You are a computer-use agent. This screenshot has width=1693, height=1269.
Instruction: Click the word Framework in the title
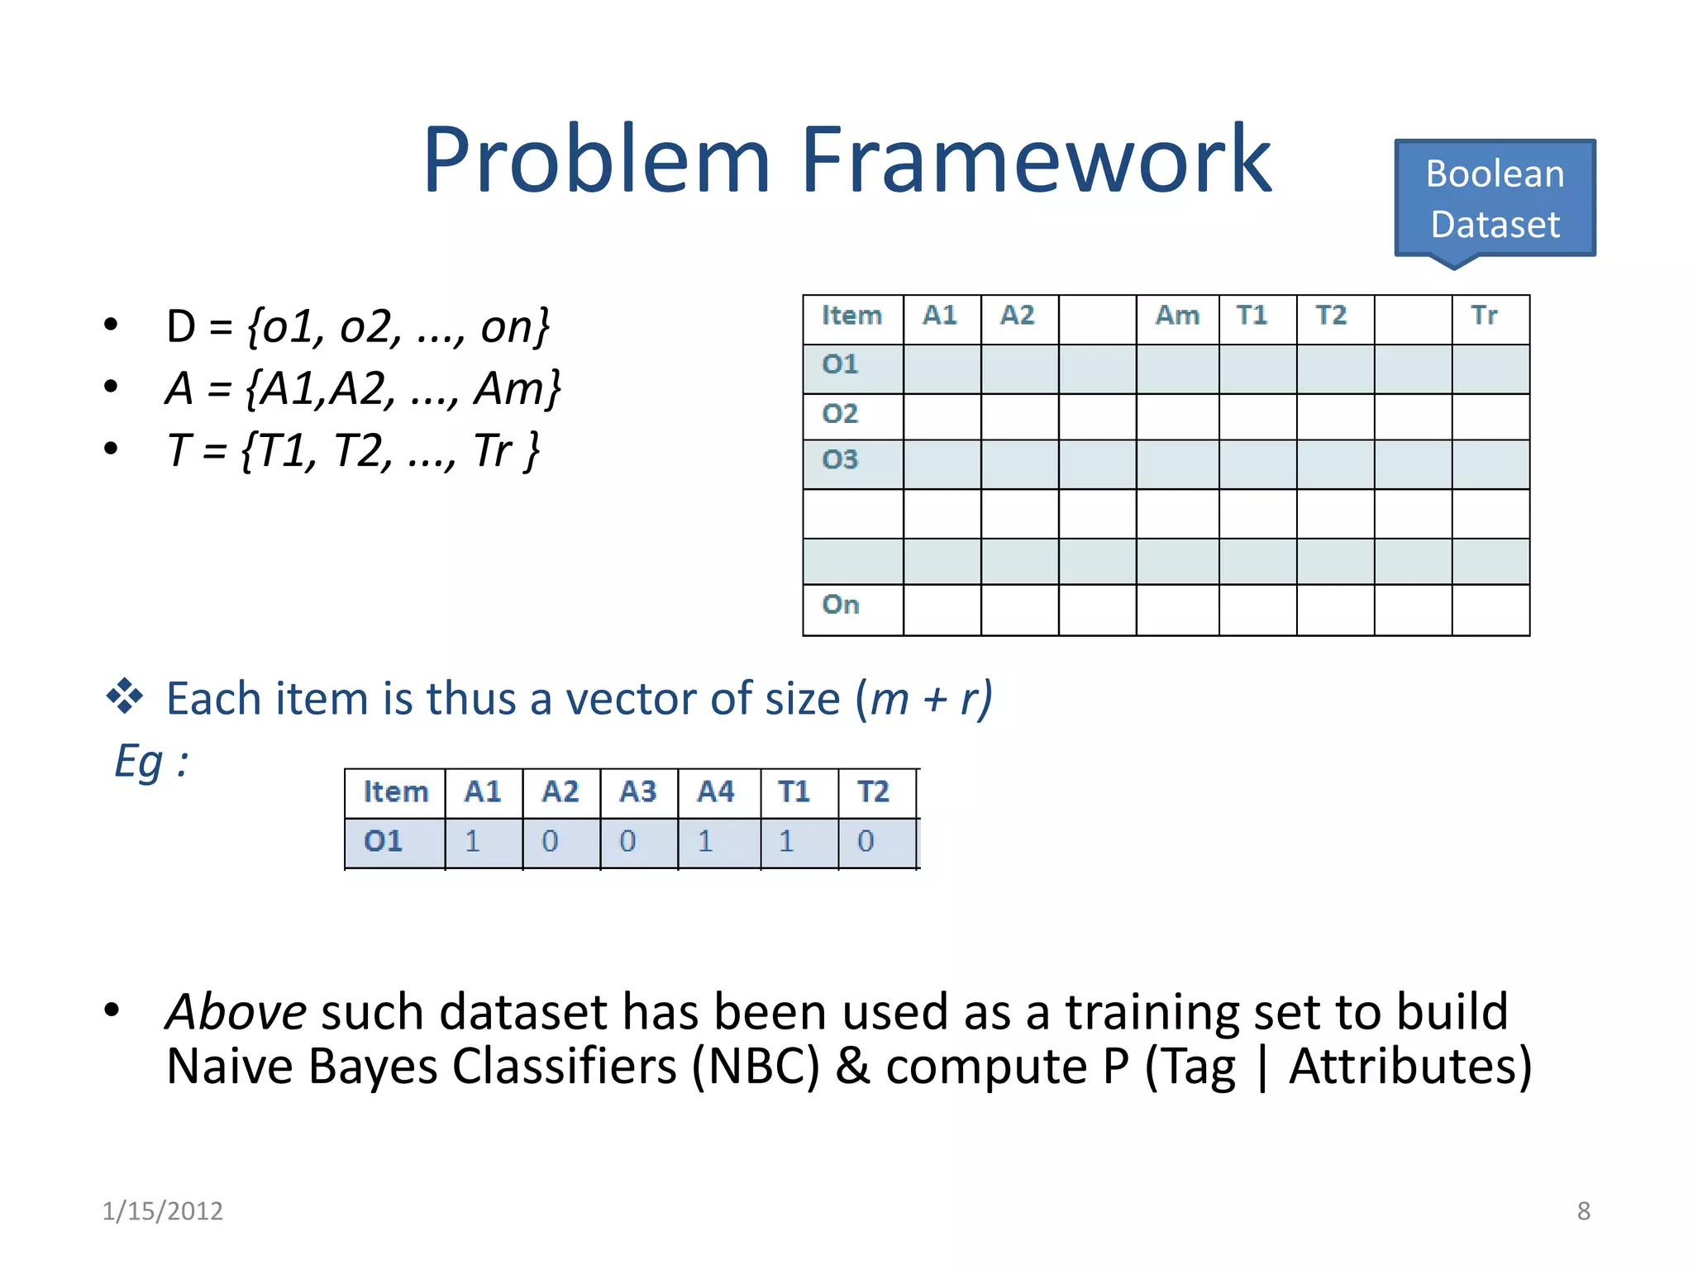pyautogui.click(x=1035, y=159)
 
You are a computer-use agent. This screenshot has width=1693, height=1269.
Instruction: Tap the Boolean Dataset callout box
pyautogui.click(x=1495, y=199)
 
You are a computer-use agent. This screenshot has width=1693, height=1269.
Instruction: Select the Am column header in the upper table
pyautogui.click(x=1177, y=316)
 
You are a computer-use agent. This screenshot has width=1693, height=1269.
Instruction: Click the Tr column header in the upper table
pyautogui.click(x=1484, y=316)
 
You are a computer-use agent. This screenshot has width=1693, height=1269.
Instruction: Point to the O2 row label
pyautogui.click(x=841, y=413)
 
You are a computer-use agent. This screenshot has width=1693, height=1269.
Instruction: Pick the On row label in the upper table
pyautogui.click(x=841, y=605)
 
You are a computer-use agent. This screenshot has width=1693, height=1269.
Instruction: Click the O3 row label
pyautogui.click(x=841, y=459)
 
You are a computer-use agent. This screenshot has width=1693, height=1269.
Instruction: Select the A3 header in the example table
pyautogui.click(x=638, y=792)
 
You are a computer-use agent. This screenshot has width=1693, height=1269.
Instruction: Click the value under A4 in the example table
pyautogui.click(x=705, y=842)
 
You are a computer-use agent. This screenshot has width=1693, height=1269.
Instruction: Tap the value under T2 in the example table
pyautogui.click(x=866, y=842)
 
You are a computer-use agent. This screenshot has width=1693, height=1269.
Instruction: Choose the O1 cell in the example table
pyautogui.click(x=384, y=842)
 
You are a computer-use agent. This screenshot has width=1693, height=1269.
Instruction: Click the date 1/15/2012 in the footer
pyautogui.click(x=163, y=1211)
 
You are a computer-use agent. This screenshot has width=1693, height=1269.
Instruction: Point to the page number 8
pyautogui.click(x=1583, y=1211)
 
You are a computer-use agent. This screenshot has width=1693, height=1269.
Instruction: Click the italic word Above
pyautogui.click(x=236, y=1012)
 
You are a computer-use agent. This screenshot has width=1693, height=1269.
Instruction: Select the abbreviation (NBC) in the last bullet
pyautogui.click(x=756, y=1067)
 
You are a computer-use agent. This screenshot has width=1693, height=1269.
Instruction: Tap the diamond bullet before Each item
pyautogui.click(x=125, y=696)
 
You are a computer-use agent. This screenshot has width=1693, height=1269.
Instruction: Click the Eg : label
pyautogui.click(x=151, y=761)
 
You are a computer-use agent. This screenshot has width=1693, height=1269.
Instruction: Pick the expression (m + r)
pyautogui.click(x=923, y=699)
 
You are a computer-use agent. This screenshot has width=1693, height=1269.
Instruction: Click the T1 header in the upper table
pyautogui.click(x=1252, y=316)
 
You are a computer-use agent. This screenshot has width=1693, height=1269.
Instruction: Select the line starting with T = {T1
pyautogui.click(x=353, y=451)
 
